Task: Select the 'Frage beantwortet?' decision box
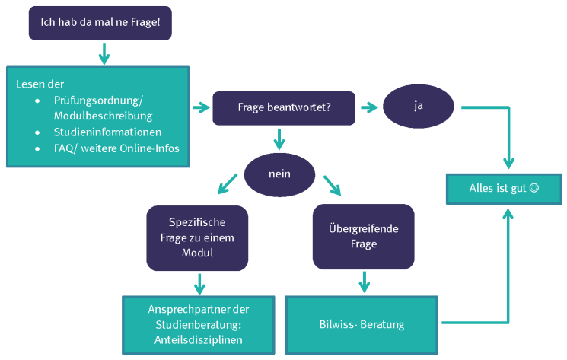(284, 108)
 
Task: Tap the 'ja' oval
(418, 106)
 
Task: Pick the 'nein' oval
(279, 174)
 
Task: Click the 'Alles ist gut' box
(503, 188)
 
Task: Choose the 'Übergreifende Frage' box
(364, 237)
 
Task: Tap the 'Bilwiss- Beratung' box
(362, 325)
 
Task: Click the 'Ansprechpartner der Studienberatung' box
(199, 325)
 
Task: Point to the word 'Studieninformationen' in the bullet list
(107, 132)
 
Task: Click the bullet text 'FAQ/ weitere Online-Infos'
(116, 148)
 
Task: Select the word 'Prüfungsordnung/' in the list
(99, 100)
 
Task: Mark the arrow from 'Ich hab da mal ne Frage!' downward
(104, 54)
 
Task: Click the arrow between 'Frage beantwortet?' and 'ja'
(369, 107)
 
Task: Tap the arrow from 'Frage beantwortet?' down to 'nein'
(279, 139)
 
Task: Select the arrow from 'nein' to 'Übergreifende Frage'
(332, 186)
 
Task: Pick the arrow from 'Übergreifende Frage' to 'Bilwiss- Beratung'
(364, 281)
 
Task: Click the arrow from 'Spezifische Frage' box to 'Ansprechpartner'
(200, 283)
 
